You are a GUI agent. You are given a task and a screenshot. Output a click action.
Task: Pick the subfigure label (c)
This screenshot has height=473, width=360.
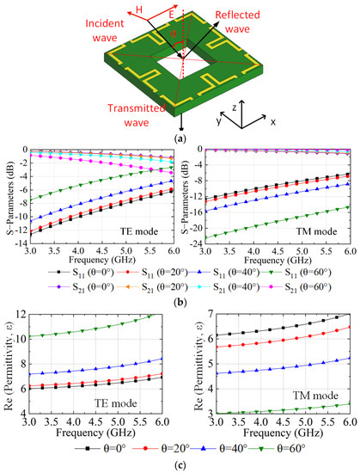pyautogui.click(x=179, y=465)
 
